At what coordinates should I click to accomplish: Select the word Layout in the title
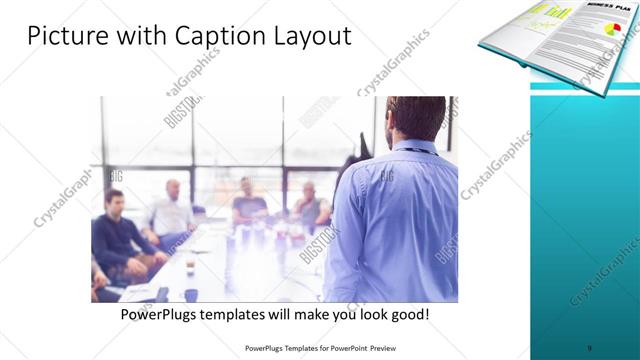click(309, 37)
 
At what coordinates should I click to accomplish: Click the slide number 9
click(590, 347)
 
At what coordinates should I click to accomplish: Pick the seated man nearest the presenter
click(310, 205)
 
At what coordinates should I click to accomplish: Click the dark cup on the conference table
click(190, 294)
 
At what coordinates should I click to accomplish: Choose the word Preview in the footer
click(397, 347)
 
